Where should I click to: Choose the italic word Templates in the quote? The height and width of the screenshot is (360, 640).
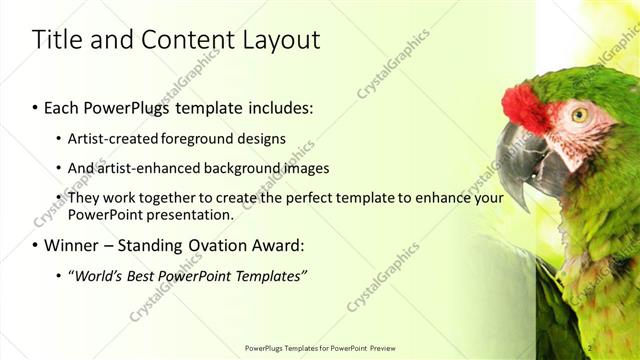point(271,276)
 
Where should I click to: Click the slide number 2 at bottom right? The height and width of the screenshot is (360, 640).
point(591,348)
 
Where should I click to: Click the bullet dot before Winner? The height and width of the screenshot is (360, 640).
point(36,246)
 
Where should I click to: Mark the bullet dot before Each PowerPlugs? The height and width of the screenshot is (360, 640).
point(36,105)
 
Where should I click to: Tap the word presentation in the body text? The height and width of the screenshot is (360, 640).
point(190,215)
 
